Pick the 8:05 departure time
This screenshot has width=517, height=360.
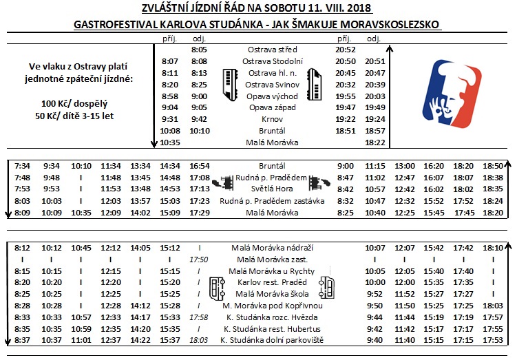199,50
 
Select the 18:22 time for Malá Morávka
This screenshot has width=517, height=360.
374,142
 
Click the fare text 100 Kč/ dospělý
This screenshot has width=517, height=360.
77,103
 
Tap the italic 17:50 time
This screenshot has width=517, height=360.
199,260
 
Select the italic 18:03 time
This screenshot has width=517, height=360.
199,339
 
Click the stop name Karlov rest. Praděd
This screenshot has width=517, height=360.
273,282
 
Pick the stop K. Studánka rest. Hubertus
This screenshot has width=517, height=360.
273,328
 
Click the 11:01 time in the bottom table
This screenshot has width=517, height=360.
81,339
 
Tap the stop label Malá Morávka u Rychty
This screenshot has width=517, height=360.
273,271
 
